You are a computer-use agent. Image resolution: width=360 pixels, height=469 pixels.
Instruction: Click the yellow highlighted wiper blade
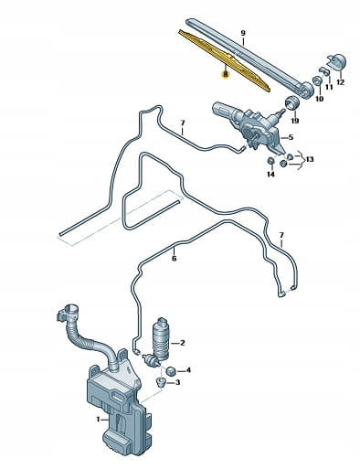(x=225, y=61)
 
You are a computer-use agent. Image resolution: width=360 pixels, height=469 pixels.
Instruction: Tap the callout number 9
(x=243, y=33)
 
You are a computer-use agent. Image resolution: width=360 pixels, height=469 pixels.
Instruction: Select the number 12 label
(x=340, y=82)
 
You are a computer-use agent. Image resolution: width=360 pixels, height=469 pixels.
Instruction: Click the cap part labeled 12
(x=336, y=62)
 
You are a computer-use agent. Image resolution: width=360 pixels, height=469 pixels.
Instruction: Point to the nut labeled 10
(x=318, y=81)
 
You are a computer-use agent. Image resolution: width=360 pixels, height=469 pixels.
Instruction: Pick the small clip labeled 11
(x=324, y=71)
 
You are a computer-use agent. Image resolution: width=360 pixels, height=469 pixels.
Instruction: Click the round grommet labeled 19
(x=292, y=102)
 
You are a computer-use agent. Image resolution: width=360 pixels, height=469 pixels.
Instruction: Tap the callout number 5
(x=291, y=137)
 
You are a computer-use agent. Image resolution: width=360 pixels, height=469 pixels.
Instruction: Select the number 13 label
(x=310, y=159)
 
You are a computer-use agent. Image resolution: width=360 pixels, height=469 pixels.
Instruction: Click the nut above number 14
(x=270, y=160)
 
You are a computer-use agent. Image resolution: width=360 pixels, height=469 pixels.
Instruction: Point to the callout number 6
(x=175, y=259)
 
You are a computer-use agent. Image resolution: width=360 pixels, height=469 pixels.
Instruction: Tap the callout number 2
(x=183, y=343)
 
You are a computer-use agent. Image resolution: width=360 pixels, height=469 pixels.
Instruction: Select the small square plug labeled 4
(x=171, y=371)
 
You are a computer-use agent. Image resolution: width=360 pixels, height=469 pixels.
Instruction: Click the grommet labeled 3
(x=160, y=381)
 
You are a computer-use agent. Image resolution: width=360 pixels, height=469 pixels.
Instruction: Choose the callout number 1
(x=98, y=420)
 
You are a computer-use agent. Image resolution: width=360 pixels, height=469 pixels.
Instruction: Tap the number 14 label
(x=270, y=174)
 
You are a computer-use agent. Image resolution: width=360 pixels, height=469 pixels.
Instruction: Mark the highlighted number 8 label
(x=225, y=74)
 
